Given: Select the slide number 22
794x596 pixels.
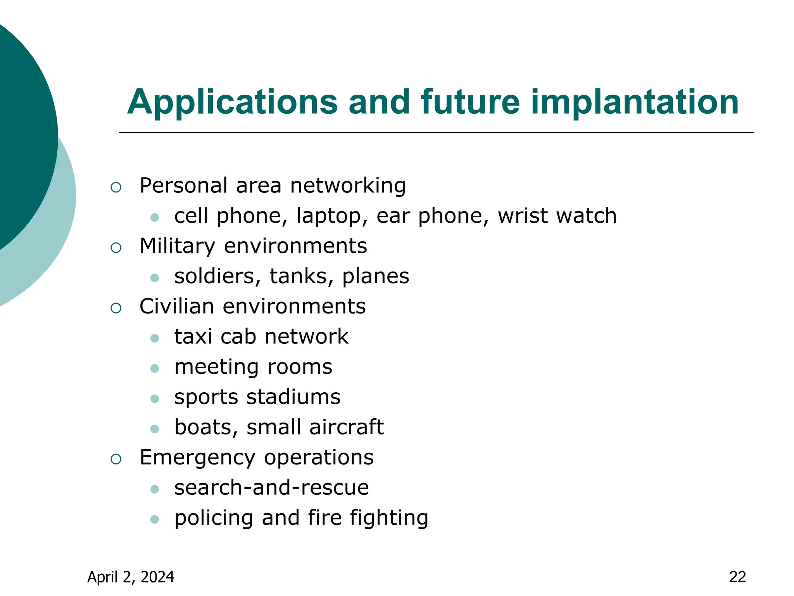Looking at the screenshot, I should click(x=737, y=577).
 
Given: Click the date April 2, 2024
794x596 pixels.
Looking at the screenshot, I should click(x=131, y=577).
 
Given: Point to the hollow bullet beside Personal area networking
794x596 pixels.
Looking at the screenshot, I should click(x=116, y=188).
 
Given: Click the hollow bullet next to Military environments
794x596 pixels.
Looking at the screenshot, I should click(x=116, y=248).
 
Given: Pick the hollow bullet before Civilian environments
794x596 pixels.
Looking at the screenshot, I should click(x=116, y=308).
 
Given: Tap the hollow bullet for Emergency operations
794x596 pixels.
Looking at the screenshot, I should click(x=116, y=459).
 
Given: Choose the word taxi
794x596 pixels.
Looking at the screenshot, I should click(x=193, y=336).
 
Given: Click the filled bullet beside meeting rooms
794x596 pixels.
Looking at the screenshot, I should click(x=155, y=368).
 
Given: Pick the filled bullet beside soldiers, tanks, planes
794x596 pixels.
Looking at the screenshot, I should click(x=155, y=278).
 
